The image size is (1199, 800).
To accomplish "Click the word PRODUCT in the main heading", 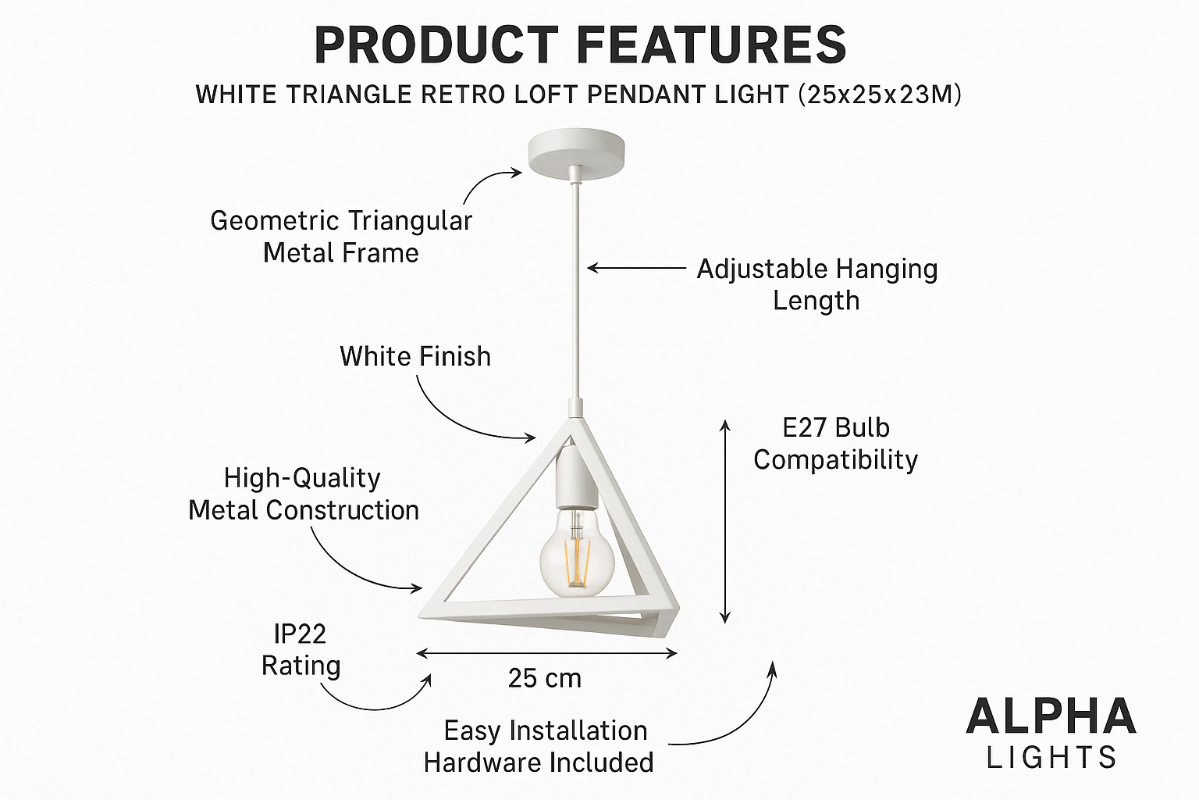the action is click(436, 45).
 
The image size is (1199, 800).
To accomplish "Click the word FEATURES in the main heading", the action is click(711, 45).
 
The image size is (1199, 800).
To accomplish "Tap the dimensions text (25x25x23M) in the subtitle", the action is click(879, 95).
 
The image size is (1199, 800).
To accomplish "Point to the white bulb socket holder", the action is click(576, 477).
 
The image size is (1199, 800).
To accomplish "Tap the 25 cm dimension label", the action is click(544, 678).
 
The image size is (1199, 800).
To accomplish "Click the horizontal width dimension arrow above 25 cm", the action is click(546, 653).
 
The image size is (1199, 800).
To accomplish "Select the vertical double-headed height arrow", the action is click(724, 522).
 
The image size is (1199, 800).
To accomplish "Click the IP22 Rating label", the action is click(301, 650).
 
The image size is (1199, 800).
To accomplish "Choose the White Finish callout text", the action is click(415, 356).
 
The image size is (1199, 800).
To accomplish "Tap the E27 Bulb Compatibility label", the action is click(835, 445).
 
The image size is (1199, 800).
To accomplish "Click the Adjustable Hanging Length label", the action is click(817, 284).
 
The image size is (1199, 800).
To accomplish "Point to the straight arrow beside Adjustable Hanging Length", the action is click(636, 267).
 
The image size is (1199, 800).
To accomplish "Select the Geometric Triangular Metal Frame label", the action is click(341, 237).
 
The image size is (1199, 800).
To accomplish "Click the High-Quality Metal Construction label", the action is click(304, 494).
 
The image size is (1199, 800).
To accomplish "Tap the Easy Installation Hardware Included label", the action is click(539, 746).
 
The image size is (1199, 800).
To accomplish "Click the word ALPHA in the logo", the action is click(1051, 716).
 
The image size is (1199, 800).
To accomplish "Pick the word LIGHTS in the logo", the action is click(1051, 758).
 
